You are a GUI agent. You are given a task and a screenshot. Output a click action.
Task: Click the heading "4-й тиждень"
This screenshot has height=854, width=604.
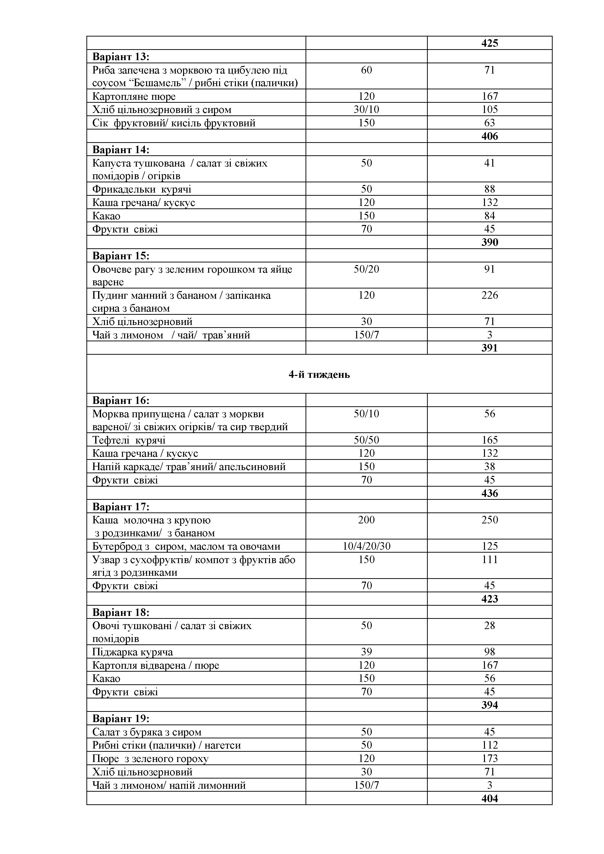[319, 374]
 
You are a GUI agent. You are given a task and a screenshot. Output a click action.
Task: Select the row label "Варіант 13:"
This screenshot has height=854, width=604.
[121, 56]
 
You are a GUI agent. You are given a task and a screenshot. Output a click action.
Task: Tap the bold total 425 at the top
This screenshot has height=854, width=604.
[489, 43]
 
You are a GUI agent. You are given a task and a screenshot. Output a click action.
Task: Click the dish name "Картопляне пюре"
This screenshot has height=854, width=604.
[134, 96]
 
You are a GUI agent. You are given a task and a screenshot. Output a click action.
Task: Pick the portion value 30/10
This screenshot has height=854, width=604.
[366, 109]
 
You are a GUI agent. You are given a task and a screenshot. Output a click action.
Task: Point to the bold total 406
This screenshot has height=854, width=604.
[489, 136]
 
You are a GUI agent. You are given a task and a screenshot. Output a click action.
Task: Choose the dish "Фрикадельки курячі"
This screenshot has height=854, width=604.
[142, 189]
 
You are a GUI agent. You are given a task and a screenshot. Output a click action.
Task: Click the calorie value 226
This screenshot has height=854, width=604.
[489, 295]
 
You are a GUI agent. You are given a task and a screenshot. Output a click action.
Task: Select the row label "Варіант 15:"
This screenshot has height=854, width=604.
[121, 256]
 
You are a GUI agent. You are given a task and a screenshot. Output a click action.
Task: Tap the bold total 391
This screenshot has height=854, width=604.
[489, 348]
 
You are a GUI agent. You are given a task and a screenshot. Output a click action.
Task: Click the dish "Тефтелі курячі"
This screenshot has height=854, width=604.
[129, 440]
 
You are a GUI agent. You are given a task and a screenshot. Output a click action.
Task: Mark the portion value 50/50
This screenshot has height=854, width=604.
[366, 440]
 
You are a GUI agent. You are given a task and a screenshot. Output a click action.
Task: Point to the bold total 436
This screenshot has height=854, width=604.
[489, 493]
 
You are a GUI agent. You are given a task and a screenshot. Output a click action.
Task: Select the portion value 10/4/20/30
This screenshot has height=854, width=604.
[366, 546]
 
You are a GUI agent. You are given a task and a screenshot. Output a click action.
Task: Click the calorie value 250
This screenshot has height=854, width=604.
[489, 520]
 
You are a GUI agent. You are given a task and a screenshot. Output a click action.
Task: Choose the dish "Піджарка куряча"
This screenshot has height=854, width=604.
[132, 652]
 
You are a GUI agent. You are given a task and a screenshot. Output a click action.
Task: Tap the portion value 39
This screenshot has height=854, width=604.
[366, 652]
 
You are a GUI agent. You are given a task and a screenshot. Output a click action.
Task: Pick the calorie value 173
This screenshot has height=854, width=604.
[489, 758]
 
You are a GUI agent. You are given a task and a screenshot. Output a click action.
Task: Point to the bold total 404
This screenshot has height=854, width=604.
[489, 798]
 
